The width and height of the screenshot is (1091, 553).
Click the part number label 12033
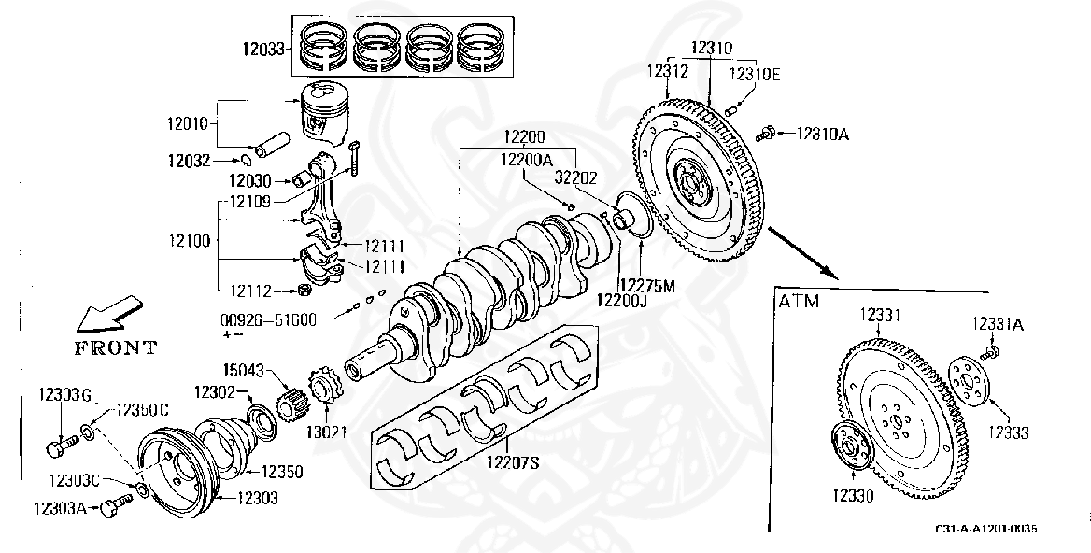click(262, 50)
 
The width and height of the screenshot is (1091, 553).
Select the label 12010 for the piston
click(187, 125)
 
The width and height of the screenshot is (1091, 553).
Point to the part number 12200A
click(525, 160)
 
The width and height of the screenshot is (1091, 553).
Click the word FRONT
click(116, 347)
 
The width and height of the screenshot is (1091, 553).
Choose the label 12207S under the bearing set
click(513, 461)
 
